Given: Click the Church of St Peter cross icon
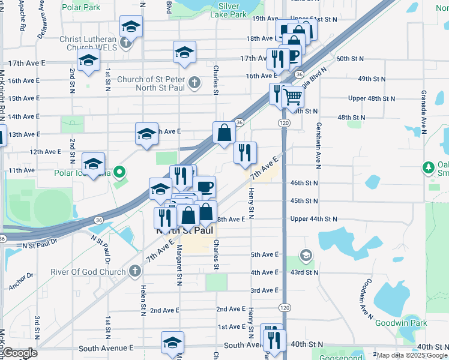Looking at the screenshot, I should tap(194, 82).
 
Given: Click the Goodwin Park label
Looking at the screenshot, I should tap(401, 323).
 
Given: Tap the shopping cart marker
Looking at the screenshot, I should tap(293, 96).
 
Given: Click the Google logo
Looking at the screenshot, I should tap(20, 353).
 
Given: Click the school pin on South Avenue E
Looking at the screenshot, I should tap(172, 343).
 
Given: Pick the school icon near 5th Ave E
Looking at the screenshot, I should tap(306, 256).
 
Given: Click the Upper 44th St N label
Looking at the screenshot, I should tap(313, 219).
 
